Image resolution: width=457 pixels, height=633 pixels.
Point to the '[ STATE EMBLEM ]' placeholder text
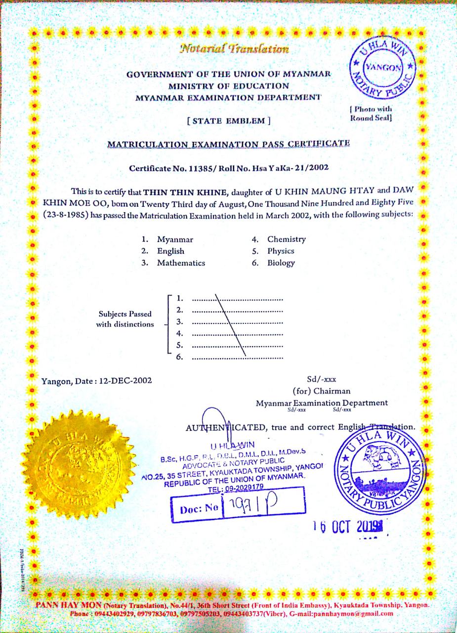pyautogui.click(x=228, y=120)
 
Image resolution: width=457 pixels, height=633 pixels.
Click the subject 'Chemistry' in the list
pyautogui.click(x=287, y=239)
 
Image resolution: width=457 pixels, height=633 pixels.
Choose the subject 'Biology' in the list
pyautogui.click(x=281, y=263)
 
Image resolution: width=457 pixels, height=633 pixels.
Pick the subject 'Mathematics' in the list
pyautogui.click(x=181, y=263)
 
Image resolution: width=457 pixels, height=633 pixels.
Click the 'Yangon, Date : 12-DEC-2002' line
pyautogui.click(x=97, y=381)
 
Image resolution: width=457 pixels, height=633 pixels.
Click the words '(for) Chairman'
pyautogui.click(x=322, y=392)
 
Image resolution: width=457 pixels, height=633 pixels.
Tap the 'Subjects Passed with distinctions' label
pyautogui.click(x=125, y=319)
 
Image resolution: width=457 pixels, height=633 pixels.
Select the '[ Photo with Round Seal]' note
pyautogui.click(x=371, y=114)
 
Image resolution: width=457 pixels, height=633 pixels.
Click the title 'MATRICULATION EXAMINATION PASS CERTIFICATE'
pyautogui.click(x=229, y=144)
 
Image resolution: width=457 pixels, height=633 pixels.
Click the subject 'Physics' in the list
pyautogui.click(x=281, y=251)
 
